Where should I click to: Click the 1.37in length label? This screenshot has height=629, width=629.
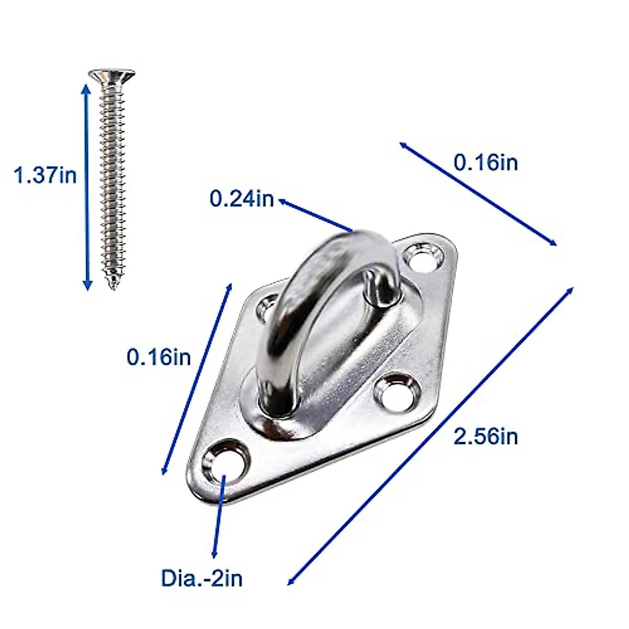pos(45,175)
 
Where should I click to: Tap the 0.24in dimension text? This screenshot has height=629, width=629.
pos(242,199)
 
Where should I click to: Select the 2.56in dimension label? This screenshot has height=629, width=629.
pos(485,436)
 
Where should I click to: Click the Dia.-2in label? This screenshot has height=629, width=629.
pos(202,578)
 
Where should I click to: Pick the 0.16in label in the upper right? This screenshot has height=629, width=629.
pos(485,162)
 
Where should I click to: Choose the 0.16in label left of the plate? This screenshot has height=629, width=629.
pos(159,357)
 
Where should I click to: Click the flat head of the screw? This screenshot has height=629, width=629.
pos(112,75)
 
